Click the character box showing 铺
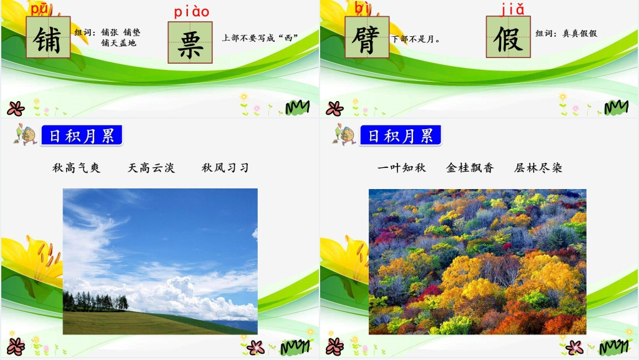(x=48, y=37)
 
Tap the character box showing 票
(x=190, y=42)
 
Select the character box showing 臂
(x=367, y=37)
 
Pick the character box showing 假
(x=508, y=37)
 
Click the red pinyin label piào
(x=192, y=12)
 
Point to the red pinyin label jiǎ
(x=512, y=9)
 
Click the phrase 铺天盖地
(x=119, y=43)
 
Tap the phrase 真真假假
(x=580, y=34)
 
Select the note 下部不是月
(x=415, y=39)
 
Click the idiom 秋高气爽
(x=76, y=168)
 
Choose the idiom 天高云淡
(x=151, y=168)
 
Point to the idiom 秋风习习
(x=225, y=168)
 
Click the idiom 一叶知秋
(x=401, y=168)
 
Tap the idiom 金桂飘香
(x=470, y=168)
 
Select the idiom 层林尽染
(x=538, y=168)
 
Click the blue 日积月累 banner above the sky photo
(x=82, y=135)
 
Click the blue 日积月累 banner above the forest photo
(x=400, y=135)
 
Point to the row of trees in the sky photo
(x=95, y=302)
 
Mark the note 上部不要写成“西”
(x=260, y=38)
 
